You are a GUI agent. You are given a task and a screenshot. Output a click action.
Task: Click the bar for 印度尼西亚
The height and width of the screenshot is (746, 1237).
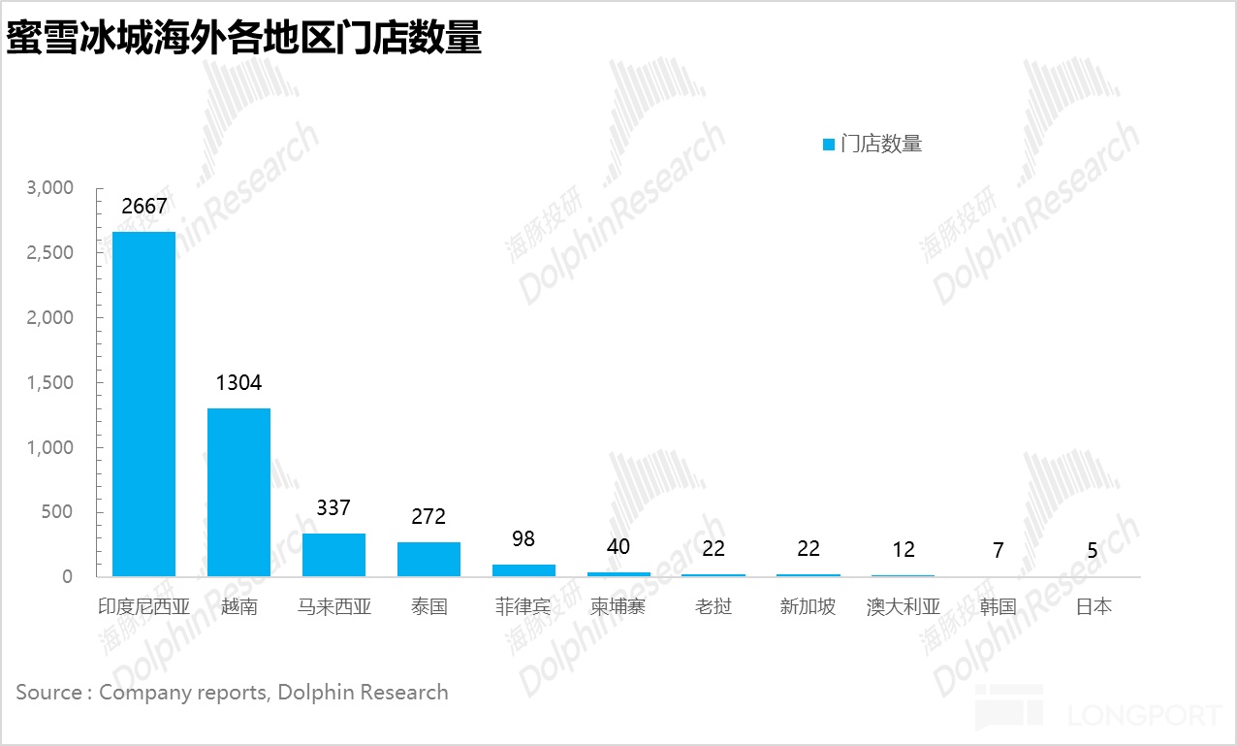pos(143,404)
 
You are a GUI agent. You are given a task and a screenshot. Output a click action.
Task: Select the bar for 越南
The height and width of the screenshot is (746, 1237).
pos(238,492)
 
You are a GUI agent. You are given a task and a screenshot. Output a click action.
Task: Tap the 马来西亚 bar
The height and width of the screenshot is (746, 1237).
pos(333,555)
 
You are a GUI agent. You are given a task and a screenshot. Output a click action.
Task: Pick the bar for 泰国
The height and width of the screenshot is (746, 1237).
pos(428,559)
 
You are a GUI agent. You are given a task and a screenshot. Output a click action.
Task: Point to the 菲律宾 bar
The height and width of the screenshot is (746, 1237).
pos(523,570)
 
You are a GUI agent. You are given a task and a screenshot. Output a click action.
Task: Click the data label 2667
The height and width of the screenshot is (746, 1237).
pos(144,207)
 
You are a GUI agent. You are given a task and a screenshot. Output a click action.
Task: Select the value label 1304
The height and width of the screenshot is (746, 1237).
pos(238,383)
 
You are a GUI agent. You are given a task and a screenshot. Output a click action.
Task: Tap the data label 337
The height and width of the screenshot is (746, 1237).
pos(333,507)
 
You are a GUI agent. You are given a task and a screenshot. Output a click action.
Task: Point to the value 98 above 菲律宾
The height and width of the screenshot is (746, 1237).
pos(523,539)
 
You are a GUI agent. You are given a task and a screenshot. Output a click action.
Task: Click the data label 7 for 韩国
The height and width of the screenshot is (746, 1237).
pos(998,550)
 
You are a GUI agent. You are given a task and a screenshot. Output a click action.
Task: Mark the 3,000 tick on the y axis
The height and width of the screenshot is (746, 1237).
pos(50,188)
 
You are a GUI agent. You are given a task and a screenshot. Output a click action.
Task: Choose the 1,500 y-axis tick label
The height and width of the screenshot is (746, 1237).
pos(50,383)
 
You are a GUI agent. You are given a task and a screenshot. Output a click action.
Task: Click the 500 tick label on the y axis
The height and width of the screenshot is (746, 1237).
pos(56,512)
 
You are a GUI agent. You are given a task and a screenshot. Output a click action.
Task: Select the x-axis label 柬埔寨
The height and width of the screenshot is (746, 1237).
pos(618,607)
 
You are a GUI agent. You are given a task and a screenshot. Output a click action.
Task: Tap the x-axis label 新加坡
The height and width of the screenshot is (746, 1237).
pos(808,607)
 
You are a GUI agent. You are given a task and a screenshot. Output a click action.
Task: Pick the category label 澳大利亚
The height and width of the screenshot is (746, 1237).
pos(903,607)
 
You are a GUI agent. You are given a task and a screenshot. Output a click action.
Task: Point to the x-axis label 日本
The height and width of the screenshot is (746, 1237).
pos(1093,607)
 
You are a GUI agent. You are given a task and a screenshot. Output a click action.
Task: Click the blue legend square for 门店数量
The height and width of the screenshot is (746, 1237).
pos(829,145)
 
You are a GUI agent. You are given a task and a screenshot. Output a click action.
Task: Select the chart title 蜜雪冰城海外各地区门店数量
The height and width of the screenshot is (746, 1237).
pos(244,39)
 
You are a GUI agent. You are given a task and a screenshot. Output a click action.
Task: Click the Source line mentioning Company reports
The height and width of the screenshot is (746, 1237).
pos(232,693)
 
